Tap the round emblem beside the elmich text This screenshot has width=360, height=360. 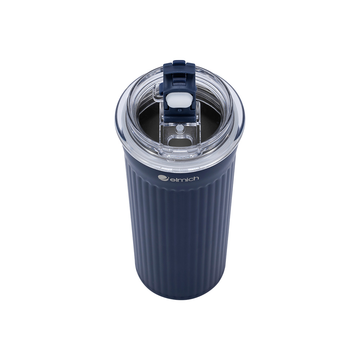[162, 178]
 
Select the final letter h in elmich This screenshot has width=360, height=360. [195, 178]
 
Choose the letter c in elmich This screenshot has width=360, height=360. [189, 179]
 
